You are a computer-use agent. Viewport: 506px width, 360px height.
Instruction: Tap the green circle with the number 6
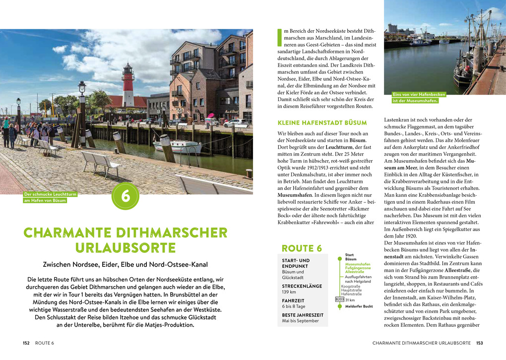point(126,196)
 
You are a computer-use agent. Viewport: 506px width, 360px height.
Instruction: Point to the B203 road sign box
point(340,300)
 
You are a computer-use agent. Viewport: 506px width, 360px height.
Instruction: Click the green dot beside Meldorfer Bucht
point(340,306)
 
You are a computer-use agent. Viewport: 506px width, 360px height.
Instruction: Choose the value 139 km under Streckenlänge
point(289,293)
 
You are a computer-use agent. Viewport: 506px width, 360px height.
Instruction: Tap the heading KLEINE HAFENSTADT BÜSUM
point(322,122)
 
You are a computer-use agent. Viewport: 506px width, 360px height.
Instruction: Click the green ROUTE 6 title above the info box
point(302,248)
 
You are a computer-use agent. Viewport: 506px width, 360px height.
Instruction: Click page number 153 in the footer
point(479,343)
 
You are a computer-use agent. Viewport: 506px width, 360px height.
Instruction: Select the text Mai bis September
point(300,321)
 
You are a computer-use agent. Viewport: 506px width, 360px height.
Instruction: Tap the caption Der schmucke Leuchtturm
point(50,194)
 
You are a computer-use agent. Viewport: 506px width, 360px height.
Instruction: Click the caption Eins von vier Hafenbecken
point(419,94)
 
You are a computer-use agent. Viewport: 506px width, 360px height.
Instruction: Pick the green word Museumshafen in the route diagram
point(358,264)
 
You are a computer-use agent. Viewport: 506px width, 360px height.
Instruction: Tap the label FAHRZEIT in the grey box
point(293,300)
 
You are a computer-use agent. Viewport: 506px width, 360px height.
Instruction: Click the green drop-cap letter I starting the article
point(279,38)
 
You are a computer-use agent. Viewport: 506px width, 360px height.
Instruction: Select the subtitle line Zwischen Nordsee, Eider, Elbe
point(125,265)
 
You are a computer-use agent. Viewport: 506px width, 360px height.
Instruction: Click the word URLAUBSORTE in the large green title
point(126,248)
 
